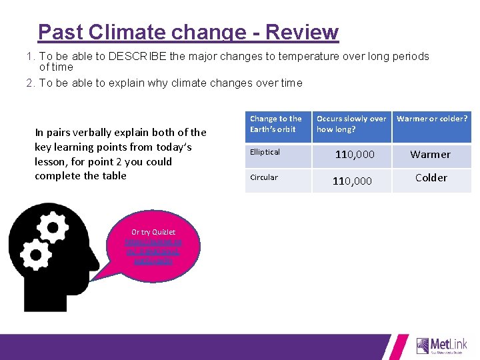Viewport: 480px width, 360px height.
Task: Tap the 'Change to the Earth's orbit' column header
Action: coord(276,124)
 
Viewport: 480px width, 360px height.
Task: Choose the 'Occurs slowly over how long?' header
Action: coord(351,124)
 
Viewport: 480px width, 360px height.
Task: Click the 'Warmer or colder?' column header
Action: coord(431,119)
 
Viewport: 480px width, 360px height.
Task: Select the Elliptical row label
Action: coord(265,152)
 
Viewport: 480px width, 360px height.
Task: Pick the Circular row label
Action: coord(263,177)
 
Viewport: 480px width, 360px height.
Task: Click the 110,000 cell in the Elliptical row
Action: coord(354,155)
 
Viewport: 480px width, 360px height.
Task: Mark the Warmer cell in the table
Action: coord(430,155)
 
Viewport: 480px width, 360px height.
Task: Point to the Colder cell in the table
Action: coord(431,178)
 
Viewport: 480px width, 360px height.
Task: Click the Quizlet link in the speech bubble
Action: coord(153,252)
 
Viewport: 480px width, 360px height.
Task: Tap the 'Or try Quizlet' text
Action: coord(153,232)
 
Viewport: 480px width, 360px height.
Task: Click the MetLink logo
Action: coord(441,345)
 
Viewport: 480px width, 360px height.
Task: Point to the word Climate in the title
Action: coord(132,32)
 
